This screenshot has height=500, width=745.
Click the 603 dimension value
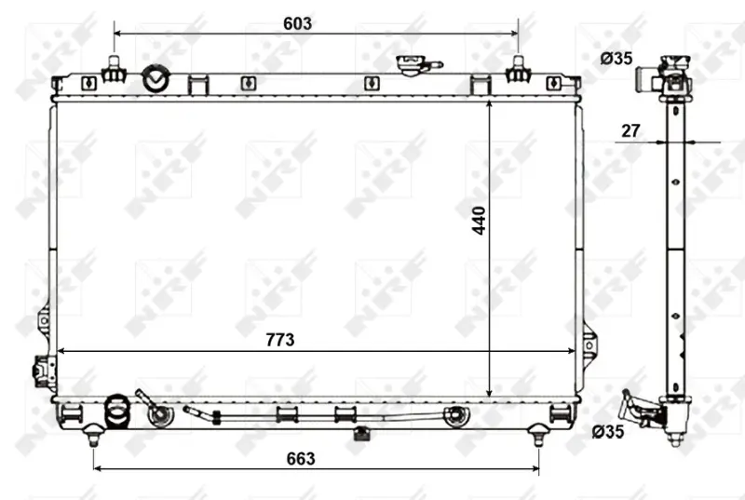point(297,23)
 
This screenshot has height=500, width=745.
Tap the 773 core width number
point(280,340)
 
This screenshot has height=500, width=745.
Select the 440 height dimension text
point(479,221)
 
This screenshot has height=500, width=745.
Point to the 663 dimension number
point(301,458)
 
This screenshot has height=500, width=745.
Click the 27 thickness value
point(630,130)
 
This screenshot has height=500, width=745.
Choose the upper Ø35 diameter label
point(616,59)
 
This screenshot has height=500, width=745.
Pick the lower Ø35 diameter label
point(608,432)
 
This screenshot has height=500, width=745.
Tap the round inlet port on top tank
point(156,79)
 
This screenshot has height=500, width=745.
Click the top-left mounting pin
point(114,70)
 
